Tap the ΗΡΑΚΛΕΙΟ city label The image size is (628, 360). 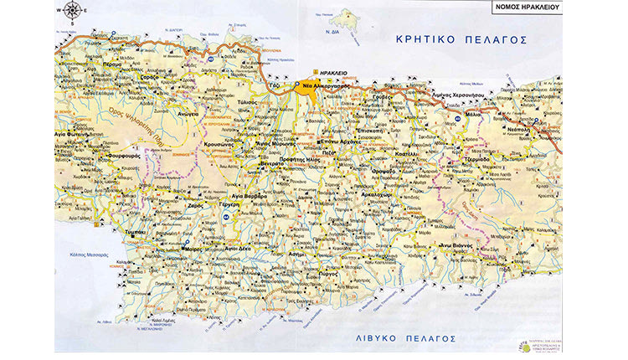point(324,73)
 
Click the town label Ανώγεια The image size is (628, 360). point(186,116)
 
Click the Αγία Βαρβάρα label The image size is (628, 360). point(249,196)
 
